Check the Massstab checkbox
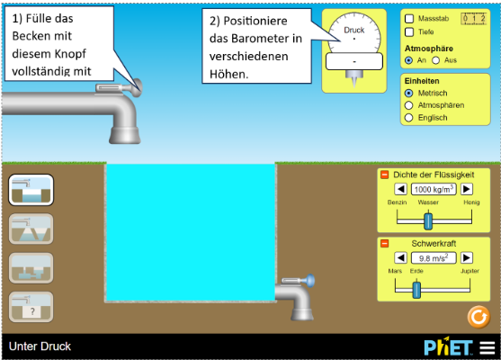[409, 19]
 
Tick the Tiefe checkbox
[409, 32]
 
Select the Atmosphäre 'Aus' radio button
[436, 60]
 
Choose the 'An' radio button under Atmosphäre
[408, 60]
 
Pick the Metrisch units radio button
[408, 93]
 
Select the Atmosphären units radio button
[408, 105]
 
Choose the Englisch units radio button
[408, 118]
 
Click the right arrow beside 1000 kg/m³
[467, 189]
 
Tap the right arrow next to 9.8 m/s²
[467, 257]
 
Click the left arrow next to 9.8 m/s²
[400, 257]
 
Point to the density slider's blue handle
[428, 221]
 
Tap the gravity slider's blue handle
[416, 290]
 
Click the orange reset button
[479, 317]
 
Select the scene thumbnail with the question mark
[31, 307]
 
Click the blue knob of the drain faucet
[310, 281]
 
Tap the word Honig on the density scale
[471, 202]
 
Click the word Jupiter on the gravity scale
[470, 271]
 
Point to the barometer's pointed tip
[354, 86]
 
